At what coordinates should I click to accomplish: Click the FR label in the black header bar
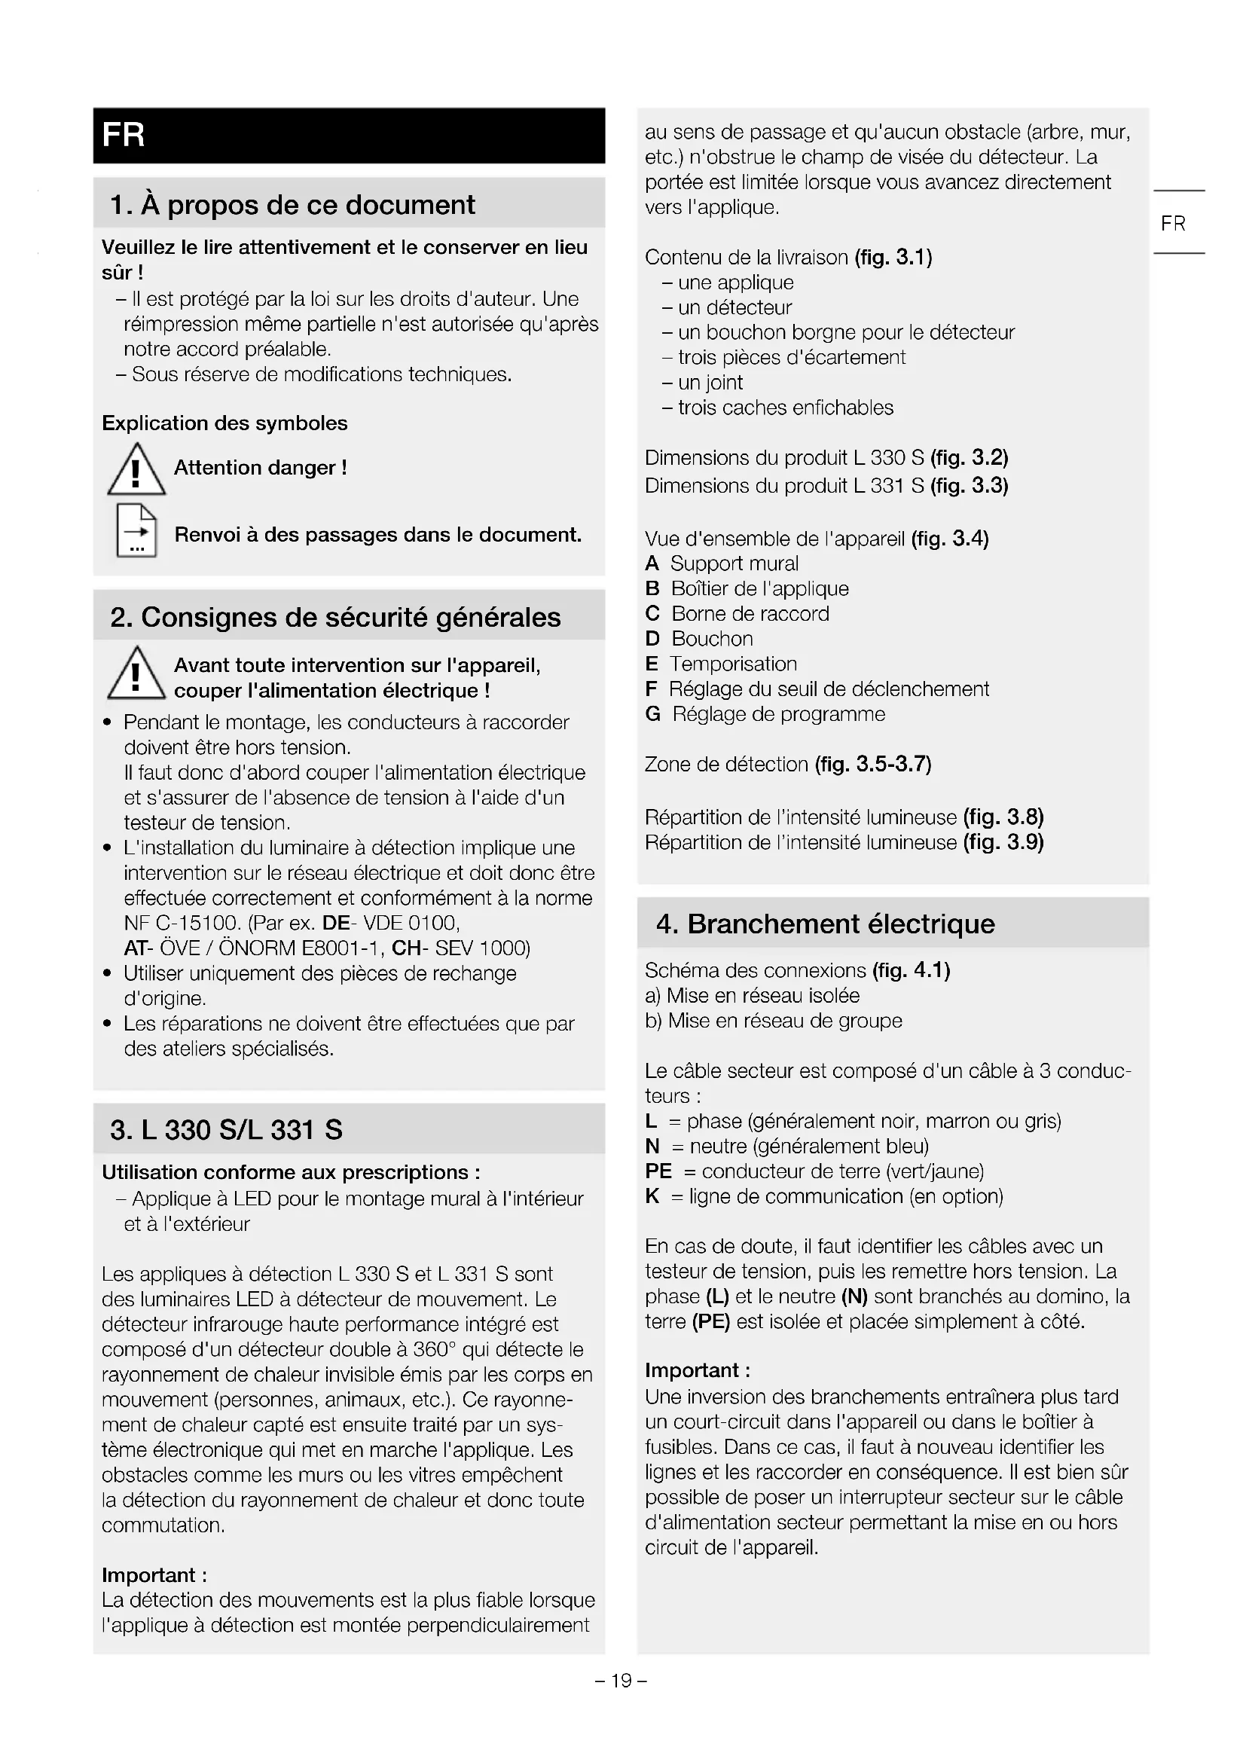(124, 135)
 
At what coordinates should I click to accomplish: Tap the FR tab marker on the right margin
(1172, 223)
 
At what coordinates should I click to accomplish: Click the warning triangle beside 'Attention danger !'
(136, 469)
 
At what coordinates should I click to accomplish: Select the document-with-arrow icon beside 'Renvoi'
(136, 530)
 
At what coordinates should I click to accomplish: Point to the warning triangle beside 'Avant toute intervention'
(136, 673)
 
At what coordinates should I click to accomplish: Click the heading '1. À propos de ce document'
(292, 205)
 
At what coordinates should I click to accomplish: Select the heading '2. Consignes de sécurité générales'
(335, 617)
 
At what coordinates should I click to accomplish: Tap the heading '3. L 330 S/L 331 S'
(226, 1130)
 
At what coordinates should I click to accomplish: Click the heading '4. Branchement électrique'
(825, 924)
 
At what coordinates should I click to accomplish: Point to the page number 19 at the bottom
(621, 1681)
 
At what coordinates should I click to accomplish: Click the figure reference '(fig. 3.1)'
(893, 257)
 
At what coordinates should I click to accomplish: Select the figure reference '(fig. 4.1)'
(911, 971)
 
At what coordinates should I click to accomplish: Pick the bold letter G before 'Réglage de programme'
(653, 714)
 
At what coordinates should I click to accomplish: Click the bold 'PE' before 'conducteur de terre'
(658, 1172)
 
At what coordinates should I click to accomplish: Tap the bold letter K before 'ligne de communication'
(652, 1196)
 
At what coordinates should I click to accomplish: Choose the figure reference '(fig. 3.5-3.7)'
(873, 765)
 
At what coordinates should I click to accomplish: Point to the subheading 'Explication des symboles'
(224, 423)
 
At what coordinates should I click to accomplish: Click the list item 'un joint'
(710, 383)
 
